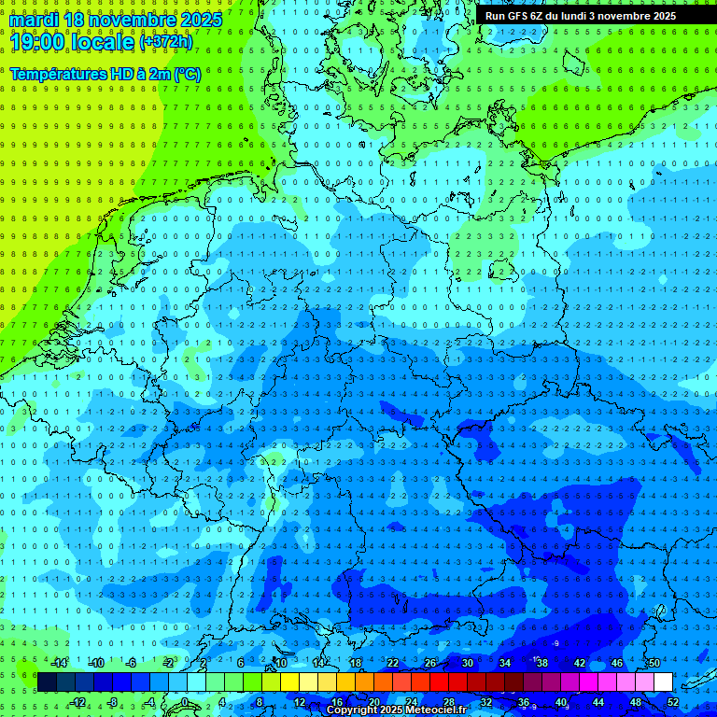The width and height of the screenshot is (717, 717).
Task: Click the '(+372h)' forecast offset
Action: point(165,42)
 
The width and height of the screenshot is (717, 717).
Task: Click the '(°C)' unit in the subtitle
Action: point(187,74)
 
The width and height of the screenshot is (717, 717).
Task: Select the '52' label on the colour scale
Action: point(673,702)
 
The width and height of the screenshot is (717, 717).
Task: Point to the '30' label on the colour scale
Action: point(467,663)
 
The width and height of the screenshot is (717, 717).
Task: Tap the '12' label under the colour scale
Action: point(300,702)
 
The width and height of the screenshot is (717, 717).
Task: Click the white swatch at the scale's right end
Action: point(663,682)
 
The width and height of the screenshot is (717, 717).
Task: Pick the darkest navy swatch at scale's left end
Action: point(47,682)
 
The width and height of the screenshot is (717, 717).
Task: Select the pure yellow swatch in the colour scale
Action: point(289,682)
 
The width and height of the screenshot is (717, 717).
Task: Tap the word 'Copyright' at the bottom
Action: point(352,710)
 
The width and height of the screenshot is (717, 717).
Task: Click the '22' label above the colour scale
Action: point(392,663)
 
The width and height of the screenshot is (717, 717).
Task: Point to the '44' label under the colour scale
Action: point(598,702)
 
